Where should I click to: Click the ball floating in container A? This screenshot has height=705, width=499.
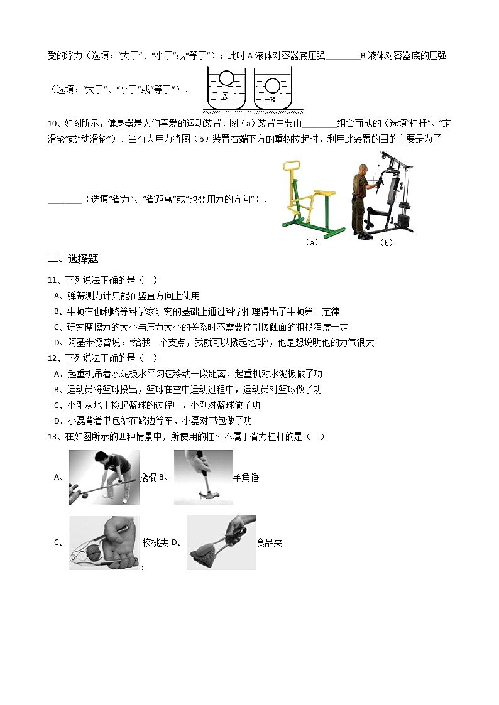(x=227, y=79)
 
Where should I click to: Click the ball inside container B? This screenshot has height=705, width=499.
(x=273, y=85)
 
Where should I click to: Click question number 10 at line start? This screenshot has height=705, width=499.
(x=53, y=123)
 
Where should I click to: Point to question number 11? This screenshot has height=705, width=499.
(x=53, y=280)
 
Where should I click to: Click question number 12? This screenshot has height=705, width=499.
(x=53, y=358)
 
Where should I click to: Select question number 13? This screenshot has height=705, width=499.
(x=53, y=436)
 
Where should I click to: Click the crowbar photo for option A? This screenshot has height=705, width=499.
(x=104, y=477)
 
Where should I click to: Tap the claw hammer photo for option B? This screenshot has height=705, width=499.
(x=203, y=477)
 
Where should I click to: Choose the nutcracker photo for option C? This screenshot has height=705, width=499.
(x=104, y=542)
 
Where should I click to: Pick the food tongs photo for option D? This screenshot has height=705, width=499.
(x=221, y=542)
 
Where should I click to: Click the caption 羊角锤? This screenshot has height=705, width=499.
(x=246, y=477)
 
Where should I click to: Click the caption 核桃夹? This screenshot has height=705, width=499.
(x=155, y=542)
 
